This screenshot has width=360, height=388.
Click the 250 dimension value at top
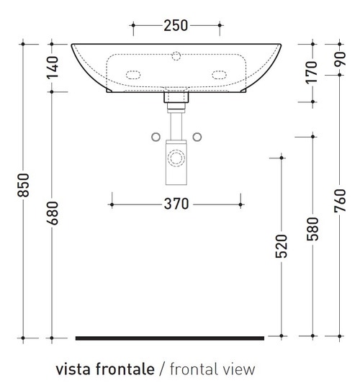176,26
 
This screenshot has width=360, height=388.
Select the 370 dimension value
175,204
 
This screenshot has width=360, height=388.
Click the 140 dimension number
52,68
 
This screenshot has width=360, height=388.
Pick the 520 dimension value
282,246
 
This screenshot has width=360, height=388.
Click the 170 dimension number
311,73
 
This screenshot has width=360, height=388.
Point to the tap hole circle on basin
176,55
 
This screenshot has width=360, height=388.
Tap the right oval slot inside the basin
219,73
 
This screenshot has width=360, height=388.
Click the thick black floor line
170,337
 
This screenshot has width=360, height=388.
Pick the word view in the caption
240,369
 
